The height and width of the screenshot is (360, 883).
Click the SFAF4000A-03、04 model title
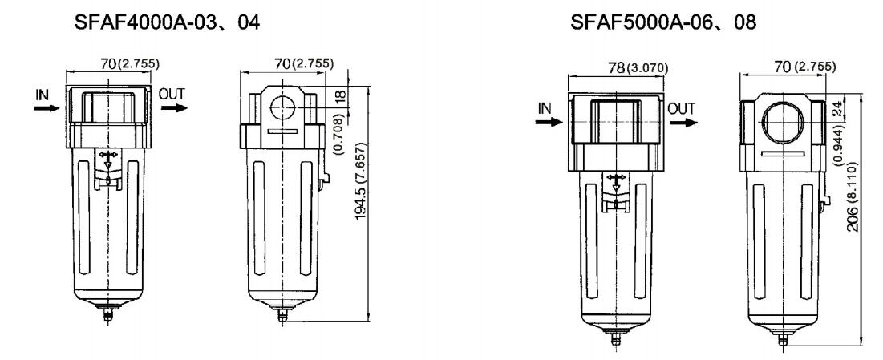tap(168, 22)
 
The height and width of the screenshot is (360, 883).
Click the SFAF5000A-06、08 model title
tap(663, 22)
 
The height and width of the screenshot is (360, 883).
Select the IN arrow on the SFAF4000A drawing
tap(47, 107)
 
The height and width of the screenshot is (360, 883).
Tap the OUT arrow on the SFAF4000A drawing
tap(173, 107)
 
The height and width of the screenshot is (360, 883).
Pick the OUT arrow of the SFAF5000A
tap(683, 122)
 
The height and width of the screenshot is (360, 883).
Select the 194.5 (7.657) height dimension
tap(362, 181)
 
